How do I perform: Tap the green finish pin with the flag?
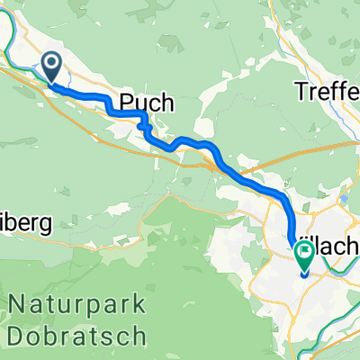304,258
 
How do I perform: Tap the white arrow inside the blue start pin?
50,64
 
